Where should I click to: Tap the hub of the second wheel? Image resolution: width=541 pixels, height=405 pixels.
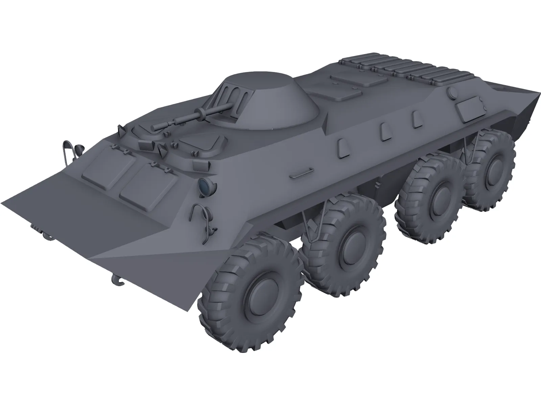pos(354,242)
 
